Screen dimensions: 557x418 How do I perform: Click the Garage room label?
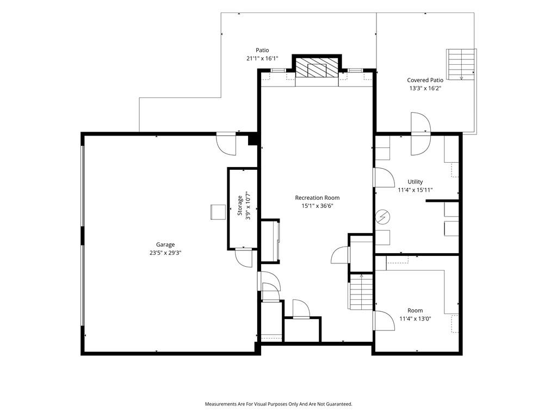(165, 244)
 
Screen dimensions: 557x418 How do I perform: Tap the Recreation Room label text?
(317, 198)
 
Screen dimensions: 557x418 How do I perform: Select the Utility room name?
(415, 182)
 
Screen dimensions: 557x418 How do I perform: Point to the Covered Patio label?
(425, 81)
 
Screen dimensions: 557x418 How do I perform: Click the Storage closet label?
(240, 205)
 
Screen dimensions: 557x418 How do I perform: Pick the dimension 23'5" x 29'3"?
(165, 253)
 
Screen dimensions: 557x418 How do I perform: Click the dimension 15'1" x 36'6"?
(317, 206)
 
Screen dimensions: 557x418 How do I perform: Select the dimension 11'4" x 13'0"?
(415, 319)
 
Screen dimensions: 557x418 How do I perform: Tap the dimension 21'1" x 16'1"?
(262, 58)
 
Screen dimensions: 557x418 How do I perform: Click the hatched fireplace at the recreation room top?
(317, 67)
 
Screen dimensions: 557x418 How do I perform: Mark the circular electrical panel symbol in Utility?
(383, 218)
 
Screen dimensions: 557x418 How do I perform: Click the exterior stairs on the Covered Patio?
(461, 64)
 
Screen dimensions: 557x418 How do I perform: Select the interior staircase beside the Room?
(361, 292)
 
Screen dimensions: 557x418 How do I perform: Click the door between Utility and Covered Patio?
(421, 134)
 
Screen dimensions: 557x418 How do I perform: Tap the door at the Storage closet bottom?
(244, 257)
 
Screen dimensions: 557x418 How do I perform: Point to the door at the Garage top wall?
(226, 144)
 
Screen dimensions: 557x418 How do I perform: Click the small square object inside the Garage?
(218, 212)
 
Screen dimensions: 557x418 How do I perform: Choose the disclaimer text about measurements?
(278, 404)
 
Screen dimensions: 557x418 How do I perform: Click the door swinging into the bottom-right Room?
(383, 321)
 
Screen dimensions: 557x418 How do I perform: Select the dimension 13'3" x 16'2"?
(425, 89)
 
